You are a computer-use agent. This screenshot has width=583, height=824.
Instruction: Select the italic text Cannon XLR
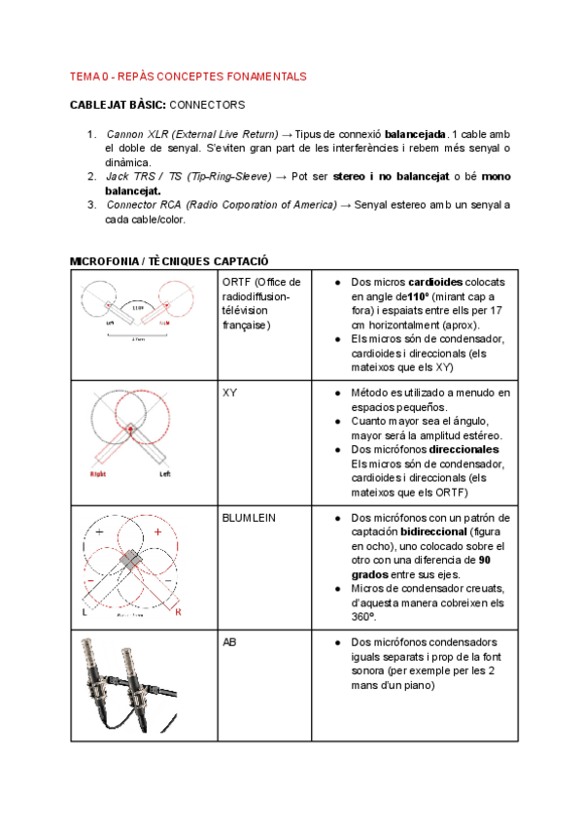(x=137, y=132)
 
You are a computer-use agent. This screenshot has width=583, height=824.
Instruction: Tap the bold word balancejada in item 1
(x=415, y=132)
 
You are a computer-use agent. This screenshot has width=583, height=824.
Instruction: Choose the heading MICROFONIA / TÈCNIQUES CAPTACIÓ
(x=170, y=261)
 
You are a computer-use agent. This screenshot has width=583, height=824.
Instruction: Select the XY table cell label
(x=230, y=393)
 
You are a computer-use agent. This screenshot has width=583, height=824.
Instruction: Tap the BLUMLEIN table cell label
(x=250, y=518)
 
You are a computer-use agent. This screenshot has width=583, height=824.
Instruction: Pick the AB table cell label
(x=229, y=643)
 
